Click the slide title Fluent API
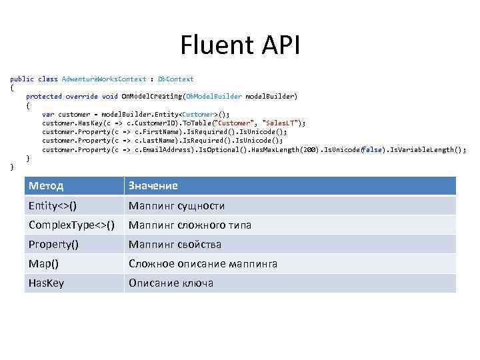pos(240,46)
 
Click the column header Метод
pos(46,185)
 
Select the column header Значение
pos(153,185)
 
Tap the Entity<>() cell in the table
pos(57,205)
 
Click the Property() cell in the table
pos(53,244)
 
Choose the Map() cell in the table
pos(43,263)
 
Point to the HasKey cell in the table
pos(46,283)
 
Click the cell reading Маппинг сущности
pos(177,205)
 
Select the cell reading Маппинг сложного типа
pos(190,225)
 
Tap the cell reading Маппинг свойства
pos(175,244)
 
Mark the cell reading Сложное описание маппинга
pos(203,263)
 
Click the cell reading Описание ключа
pos(171,283)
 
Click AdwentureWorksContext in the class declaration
pos(104,79)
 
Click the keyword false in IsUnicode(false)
pos(373,149)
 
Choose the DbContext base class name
pos(175,79)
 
